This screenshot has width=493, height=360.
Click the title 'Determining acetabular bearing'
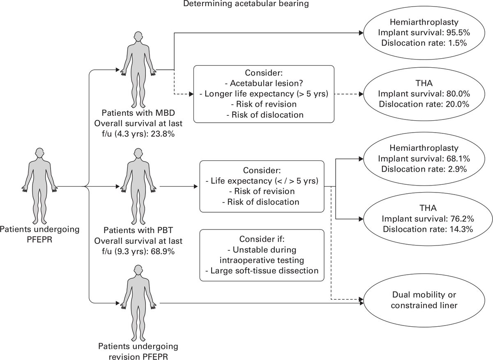click(x=246, y=5)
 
